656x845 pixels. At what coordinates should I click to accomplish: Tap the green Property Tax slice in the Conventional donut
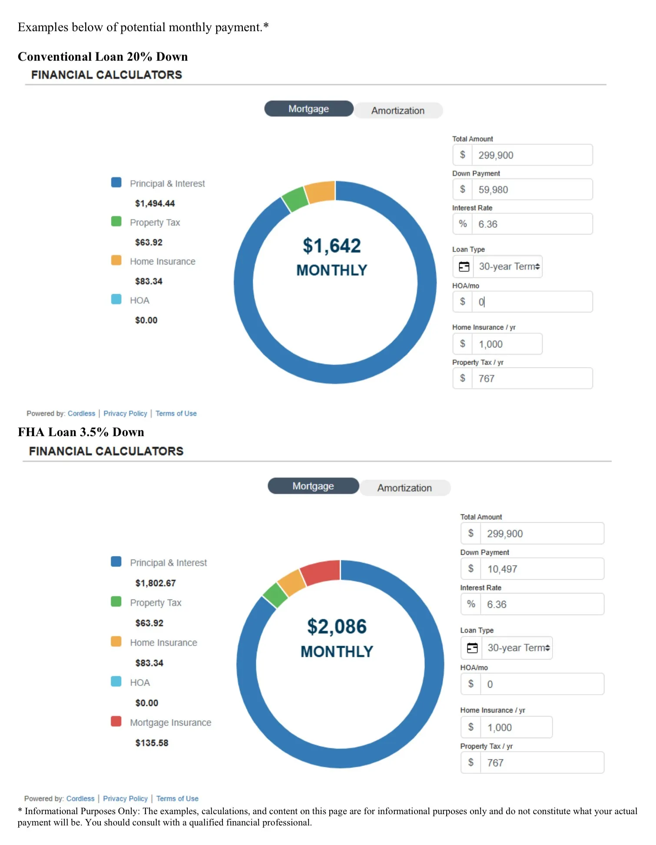[x=295, y=199]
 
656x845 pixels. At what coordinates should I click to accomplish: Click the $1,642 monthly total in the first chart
[x=331, y=246]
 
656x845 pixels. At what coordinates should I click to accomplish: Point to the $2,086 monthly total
[x=337, y=626]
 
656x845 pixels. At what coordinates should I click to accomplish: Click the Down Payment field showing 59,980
[x=532, y=190]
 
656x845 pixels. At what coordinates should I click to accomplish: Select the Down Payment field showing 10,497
[x=541, y=569]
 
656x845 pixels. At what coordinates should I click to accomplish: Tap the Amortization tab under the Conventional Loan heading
[x=398, y=111]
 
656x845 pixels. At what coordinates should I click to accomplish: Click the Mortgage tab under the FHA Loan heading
[x=313, y=486]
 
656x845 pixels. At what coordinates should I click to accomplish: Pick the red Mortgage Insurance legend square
[x=116, y=722]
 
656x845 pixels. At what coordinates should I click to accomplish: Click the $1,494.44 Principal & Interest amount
[x=155, y=203]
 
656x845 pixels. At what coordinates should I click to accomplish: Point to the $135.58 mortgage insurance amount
[x=152, y=743]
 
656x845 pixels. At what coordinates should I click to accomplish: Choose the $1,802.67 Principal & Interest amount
[x=156, y=583]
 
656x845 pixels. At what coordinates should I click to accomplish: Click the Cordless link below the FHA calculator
[x=80, y=799]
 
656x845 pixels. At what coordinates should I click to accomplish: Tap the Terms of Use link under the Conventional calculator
[x=176, y=414]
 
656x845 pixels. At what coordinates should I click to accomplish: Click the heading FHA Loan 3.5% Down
[x=81, y=432]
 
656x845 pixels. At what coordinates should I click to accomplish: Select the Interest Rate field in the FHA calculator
[x=541, y=604]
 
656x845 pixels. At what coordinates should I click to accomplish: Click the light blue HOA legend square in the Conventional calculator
[x=116, y=299]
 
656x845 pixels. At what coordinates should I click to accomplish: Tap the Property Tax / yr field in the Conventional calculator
[x=532, y=378]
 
